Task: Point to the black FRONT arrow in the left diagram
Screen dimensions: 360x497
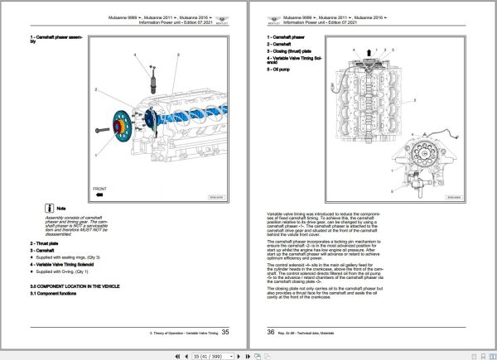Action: [98, 196]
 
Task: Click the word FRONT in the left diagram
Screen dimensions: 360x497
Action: [99, 187]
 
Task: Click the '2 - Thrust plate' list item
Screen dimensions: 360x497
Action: [49, 242]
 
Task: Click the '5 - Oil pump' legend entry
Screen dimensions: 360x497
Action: [283, 70]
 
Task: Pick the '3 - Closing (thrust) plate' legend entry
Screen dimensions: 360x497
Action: [295, 51]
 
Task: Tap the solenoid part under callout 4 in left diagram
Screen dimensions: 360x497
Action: [152, 80]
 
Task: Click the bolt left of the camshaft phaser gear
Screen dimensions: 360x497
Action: [102, 130]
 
